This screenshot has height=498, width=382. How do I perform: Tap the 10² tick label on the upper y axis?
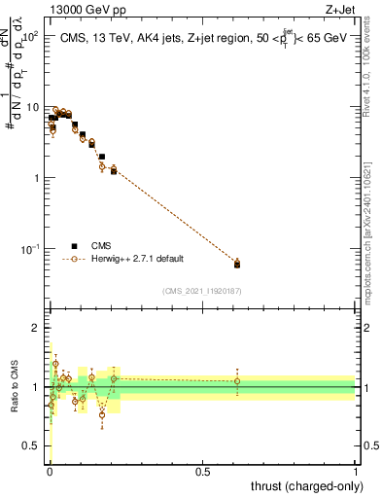pos(29,36)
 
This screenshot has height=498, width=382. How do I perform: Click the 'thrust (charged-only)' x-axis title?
pos(304,486)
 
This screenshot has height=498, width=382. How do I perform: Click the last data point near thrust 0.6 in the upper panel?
pos(237,263)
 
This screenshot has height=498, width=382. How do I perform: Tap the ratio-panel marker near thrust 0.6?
pos(237,381)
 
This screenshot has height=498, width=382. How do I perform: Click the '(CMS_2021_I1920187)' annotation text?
pos(202,291)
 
